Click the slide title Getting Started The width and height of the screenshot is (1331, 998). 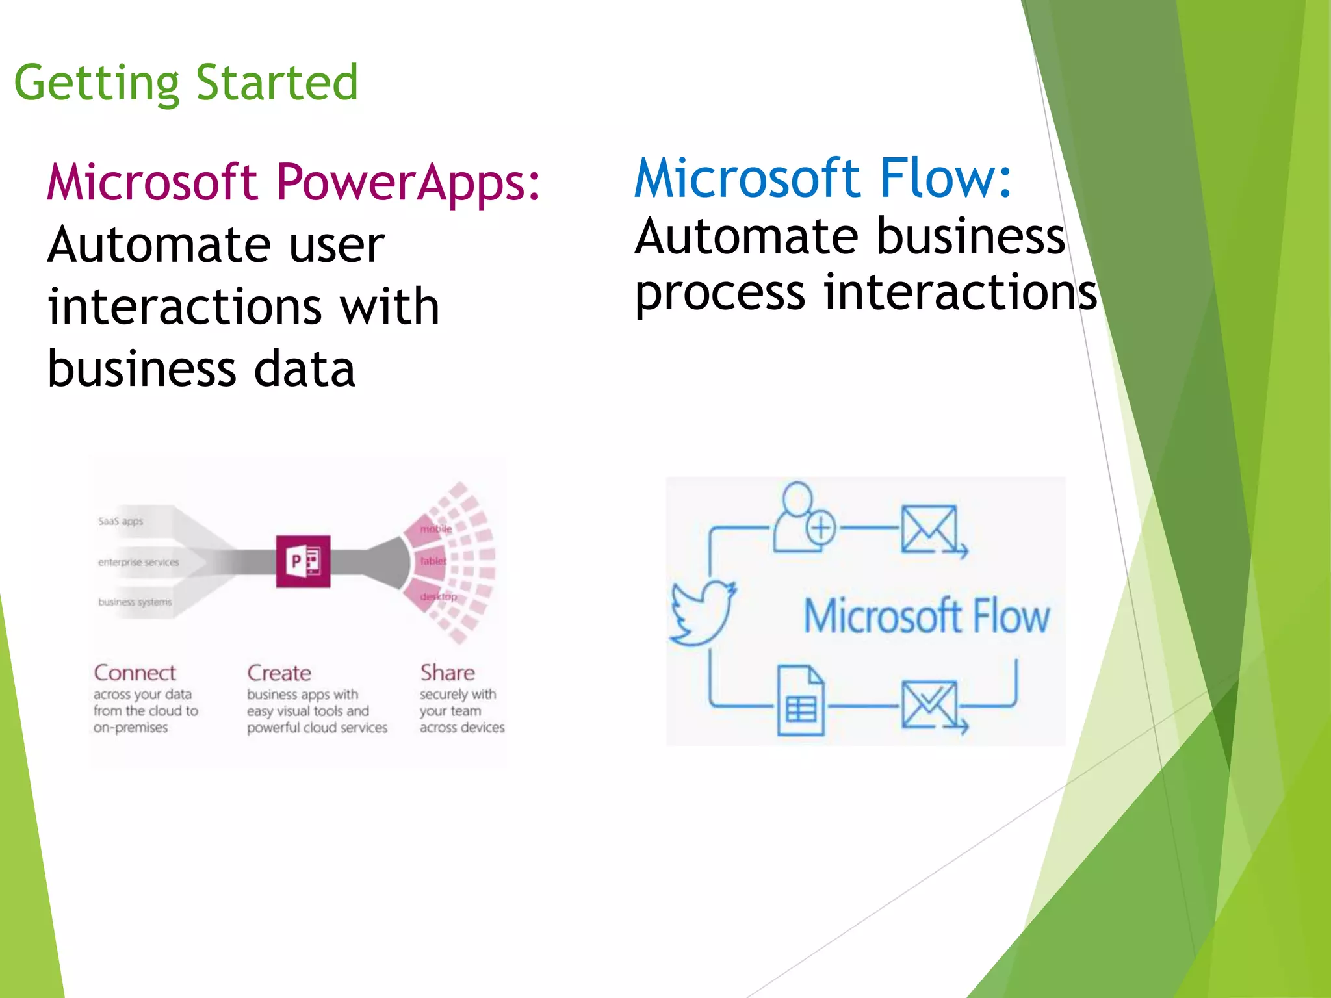point(186,83)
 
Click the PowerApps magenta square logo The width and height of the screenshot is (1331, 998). point(303,561)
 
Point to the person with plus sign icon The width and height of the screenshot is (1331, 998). point(803,518)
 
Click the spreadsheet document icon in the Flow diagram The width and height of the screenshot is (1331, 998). point(801,700)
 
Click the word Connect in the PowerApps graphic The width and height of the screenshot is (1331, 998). point(135,672)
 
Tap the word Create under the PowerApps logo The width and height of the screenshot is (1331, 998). point(279,672)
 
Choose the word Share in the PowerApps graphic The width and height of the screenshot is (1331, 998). point(447,672)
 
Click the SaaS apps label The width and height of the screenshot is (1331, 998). point(120,521)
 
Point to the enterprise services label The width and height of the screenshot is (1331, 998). point(138,562)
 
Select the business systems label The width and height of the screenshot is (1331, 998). point(135,602)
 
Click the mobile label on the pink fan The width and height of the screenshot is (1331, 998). point(435,529)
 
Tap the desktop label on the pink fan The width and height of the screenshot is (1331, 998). point(438,596)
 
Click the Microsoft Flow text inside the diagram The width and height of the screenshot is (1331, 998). point(927,616)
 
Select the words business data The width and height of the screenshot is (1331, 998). point(201,369)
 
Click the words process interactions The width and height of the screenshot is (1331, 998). point(864,292)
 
